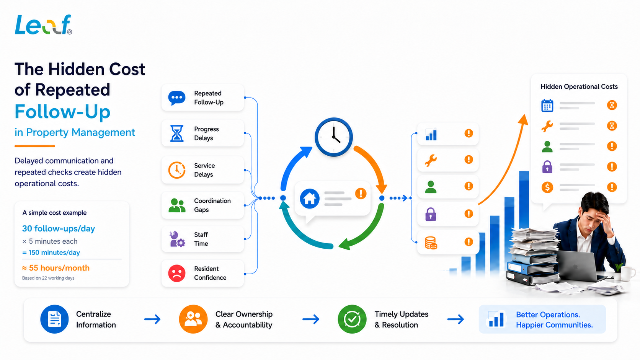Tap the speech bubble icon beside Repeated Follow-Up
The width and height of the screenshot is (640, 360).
pos(176,98)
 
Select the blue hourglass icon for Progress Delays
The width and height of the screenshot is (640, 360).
pos(176,133)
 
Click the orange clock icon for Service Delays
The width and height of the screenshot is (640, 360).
pos(176,170)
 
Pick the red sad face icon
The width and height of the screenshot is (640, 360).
pos(176,273)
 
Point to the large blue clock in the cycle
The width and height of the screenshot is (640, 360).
pos(334,137)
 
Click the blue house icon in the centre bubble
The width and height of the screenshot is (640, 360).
pos(309,199)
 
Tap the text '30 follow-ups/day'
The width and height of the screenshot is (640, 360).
pos(59,228)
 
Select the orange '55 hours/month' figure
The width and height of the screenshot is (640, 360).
pos(56,268)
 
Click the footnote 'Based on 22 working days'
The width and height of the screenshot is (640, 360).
pos(48,278)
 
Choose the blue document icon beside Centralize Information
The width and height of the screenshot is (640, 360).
pos(54,319)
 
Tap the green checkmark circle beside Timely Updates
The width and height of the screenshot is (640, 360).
pos(352,319)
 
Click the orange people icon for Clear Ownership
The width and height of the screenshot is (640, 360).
pos(193,319)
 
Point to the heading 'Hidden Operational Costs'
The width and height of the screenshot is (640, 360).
pos(579,86)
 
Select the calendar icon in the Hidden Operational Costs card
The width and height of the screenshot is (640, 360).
pos(547,105)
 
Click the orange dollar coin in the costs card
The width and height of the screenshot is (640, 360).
pos(547,187)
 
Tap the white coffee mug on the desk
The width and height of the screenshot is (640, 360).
pos(627,273)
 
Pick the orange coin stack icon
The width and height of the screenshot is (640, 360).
pos(431,243)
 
